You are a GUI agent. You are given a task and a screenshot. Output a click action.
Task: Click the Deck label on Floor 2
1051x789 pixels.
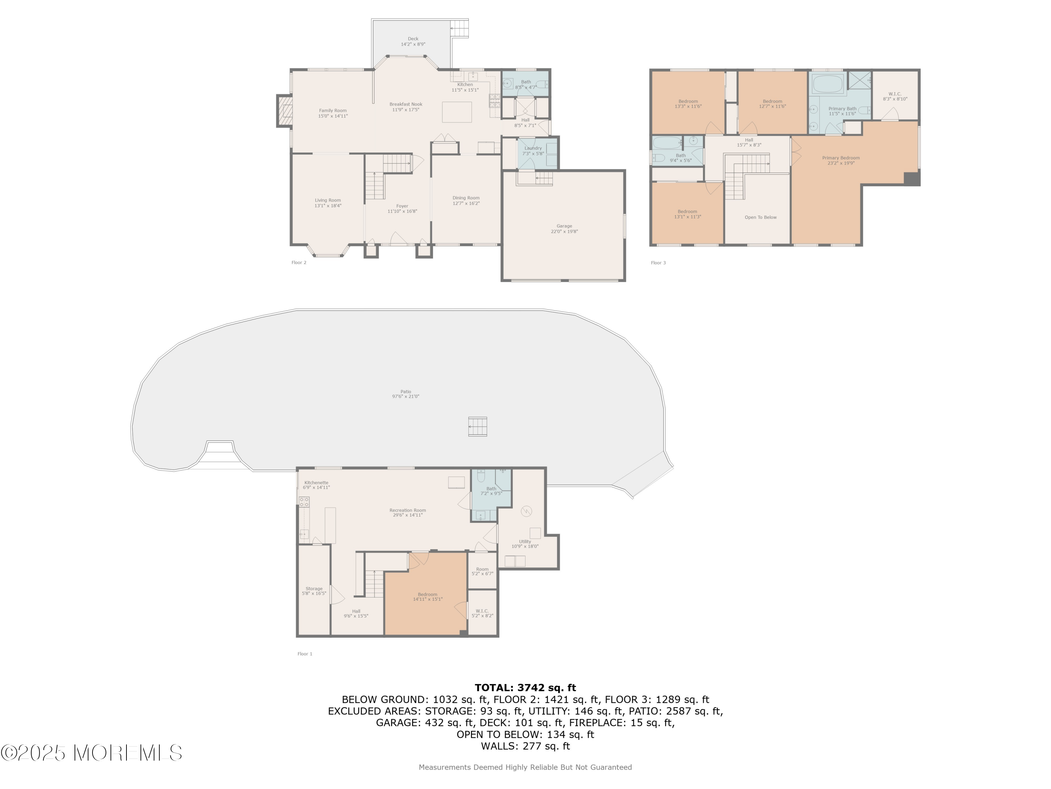tap(413, 41)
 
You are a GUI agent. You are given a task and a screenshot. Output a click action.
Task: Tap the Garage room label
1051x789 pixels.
tap(564, 229)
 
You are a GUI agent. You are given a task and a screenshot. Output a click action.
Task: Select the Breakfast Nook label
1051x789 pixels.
tap(406, 107)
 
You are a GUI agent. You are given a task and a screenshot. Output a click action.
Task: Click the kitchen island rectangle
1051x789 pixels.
tap(456, 112)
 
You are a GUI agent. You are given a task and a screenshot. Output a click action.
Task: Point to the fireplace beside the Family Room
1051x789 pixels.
tap(284, 111)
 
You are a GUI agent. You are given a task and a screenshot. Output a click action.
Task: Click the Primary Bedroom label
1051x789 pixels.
tap(841, 160)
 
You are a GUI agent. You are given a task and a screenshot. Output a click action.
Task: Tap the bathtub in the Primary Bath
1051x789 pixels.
tap(828, 84)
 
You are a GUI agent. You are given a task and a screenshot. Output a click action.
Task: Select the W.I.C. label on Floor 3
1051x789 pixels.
tap(895, 96)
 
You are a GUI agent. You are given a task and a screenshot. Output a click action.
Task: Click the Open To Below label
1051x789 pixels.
tap(761, 217)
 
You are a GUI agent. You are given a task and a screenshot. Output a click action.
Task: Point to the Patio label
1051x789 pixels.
tap(405, 394)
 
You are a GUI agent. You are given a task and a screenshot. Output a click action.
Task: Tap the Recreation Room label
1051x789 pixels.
tap(408, 512)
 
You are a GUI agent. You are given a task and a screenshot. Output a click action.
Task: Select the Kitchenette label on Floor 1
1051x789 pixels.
tap(316, 485)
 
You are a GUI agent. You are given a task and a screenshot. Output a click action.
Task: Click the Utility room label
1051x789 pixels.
tap(525, 544)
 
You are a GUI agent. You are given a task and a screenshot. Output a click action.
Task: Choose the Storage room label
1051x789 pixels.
tap(314, 591)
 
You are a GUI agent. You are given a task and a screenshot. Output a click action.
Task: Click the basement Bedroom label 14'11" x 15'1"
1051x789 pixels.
tap(428, 596)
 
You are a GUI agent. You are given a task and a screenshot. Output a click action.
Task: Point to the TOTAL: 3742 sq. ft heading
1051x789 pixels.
tap(525, 687)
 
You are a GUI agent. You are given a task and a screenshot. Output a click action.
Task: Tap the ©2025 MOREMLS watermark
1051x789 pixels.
tap(91, 753)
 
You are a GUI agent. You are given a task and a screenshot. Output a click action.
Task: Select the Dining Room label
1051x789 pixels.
tap(466, 200)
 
